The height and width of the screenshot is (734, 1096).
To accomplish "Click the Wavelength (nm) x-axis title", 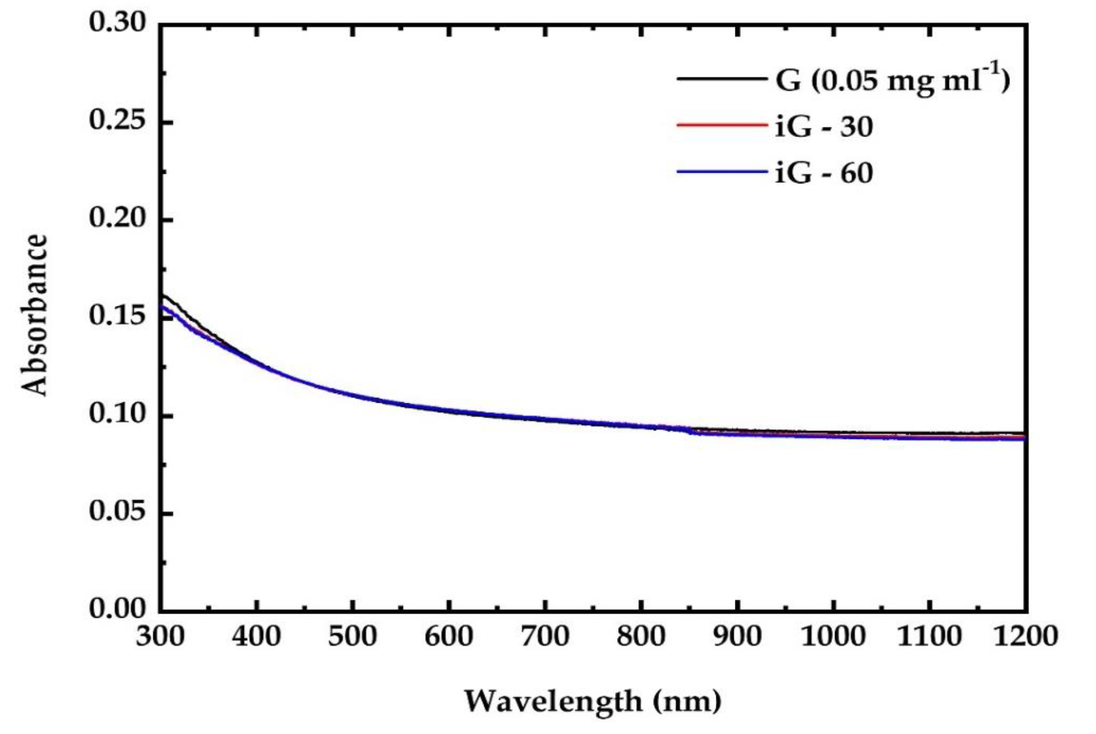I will pos(592,701).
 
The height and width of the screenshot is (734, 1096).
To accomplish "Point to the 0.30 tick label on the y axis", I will pos(118,23).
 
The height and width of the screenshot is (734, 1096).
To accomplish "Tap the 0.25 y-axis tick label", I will pos(118,121).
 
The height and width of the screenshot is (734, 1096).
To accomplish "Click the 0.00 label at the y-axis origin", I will pos(118,610).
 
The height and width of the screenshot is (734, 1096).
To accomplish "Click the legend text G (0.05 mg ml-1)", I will pos(892,80).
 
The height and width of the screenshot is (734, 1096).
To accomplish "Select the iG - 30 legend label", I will pos(824,127).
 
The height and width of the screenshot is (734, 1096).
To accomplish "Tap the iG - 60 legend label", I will pos(824,174).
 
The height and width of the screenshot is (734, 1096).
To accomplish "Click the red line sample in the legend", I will pos(722,126).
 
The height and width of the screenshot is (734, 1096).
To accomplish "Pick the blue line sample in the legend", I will pos(722,172).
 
